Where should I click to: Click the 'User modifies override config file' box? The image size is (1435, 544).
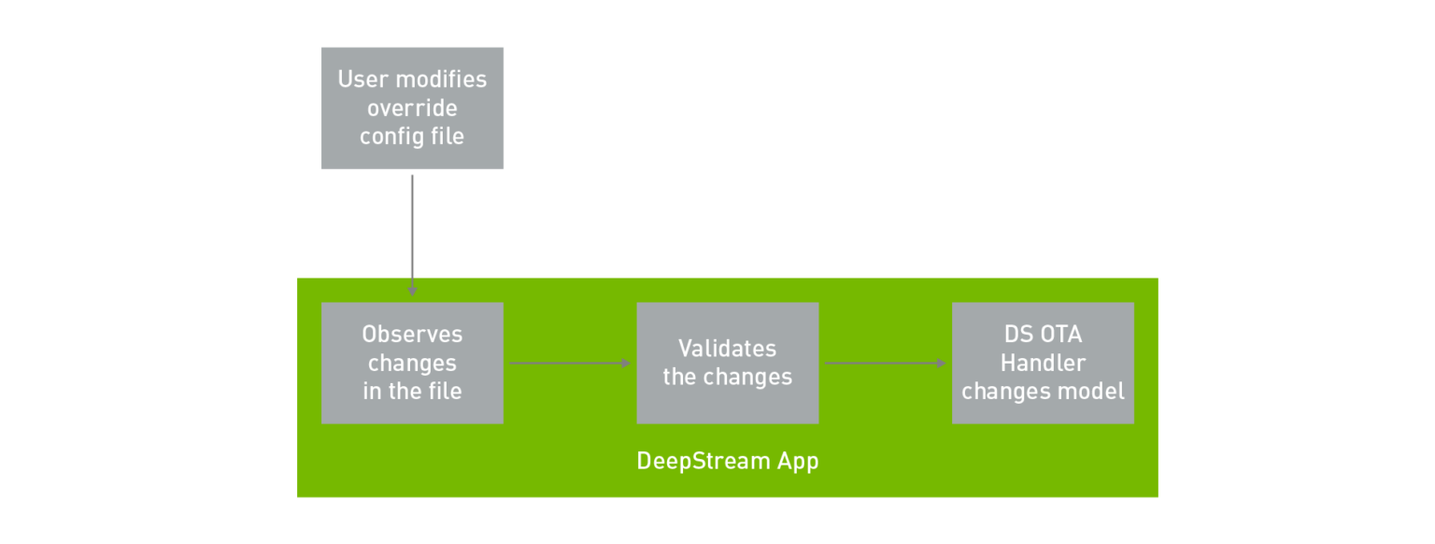(412, 108)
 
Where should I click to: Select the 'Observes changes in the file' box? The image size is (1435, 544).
(412, 363)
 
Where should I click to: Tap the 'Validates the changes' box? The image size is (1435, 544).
(727, 363)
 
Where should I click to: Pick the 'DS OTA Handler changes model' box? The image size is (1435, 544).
(1043, 363)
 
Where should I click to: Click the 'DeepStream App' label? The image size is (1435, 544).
(727, 462)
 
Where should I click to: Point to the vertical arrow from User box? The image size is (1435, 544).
(412, 234)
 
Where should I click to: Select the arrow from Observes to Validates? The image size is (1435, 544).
(568, 363)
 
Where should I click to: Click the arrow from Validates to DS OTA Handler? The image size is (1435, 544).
(884, 363)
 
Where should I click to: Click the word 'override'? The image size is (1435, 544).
(412, 107)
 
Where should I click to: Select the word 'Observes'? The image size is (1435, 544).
(412, 335)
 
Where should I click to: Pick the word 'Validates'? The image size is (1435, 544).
(727, 349)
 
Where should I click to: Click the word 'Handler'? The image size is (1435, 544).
(1043, 363)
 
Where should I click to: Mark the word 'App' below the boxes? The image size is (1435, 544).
(798, 462)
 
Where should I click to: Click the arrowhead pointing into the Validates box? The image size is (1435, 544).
(626, 363)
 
